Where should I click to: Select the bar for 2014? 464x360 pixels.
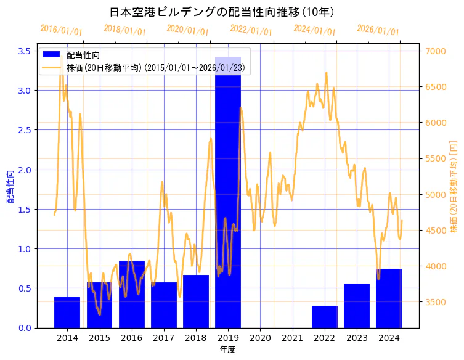pyautogui.click(x=67, y=312)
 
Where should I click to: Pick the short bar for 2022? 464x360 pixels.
pyautogui.click(x=325, y=317)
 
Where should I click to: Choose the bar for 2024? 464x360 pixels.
pyautogui.click(x=389, y=298)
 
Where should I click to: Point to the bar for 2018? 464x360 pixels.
pyautogui.click(x=196, y=301)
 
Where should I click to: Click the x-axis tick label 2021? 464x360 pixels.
pyautogui.click(x=292, y=338)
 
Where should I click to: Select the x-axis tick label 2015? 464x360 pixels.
pyautogui.click(x=99, y=338)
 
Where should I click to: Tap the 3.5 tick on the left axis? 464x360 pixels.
pyautogui.click(x=23, y=51)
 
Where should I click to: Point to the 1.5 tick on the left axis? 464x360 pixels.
pyautogui.click(x=23, y=210)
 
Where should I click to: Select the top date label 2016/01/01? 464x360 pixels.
pyautogui.click(x=61, y=30)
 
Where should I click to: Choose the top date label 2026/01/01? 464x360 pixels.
pyautogui.click(x=378, y=30)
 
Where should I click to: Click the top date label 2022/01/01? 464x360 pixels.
pyautogui.click(x=251, y=30)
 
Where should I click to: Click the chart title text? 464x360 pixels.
pyautogui.click(x=222, y=12)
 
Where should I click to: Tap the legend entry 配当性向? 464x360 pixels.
pyautogui.click(x=81, y=55)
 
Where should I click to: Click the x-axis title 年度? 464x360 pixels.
pyautogui.click(x=227, y=350)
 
